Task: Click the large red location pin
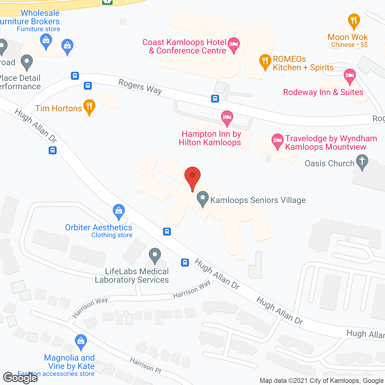pyautogui.click(x=192, y=176)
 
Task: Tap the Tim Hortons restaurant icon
pyautogui.click(x=89, y=106)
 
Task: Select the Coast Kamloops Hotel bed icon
pyautogui.click(x=234, y=45)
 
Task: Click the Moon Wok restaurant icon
pyautogui.click(x=354, y=21)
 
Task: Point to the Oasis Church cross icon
pyautogui.click(x=362, y=162)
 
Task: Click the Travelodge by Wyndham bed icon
pyautogui.click(x=277, y=141)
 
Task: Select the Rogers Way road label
pyautogui.click(x=140, y=87)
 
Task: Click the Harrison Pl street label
pyautogui.click(x=146, y=365)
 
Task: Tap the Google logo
pyautogui.click(x=20, y=378)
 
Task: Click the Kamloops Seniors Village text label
pyautogui.click(x=258, y=200)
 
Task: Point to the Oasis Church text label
pyautogui.click(x=329, y=163)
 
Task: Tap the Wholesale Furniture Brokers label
pyautogui.click(x=36, y=17)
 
